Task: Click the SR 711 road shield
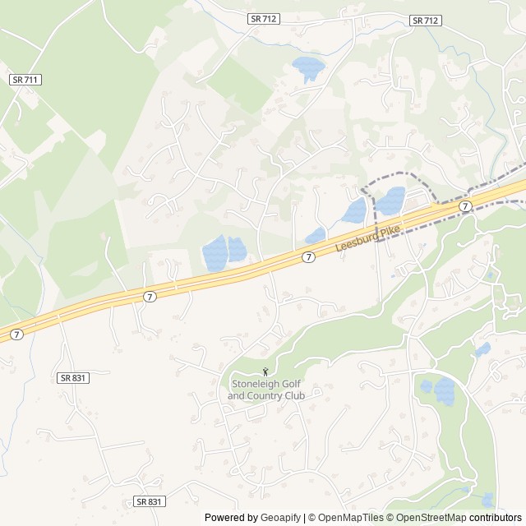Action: coord(25,80)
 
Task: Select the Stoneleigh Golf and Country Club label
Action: coord(265,390)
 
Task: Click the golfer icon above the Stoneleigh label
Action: coord(265,372)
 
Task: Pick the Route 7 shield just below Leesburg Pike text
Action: coord(307,257)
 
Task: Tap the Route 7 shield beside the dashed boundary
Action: coord(465,205)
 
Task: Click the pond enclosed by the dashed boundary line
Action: coord(390,201)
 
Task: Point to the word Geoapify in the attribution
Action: coord(281,518)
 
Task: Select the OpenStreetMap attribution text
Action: coord(428,518)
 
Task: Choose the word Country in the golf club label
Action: coord(265,395)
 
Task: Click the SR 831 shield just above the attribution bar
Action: coord(150,501)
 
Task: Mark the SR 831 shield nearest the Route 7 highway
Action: coord(72,377)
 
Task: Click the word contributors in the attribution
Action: coord(496,518)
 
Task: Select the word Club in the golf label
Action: coord(294,395)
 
